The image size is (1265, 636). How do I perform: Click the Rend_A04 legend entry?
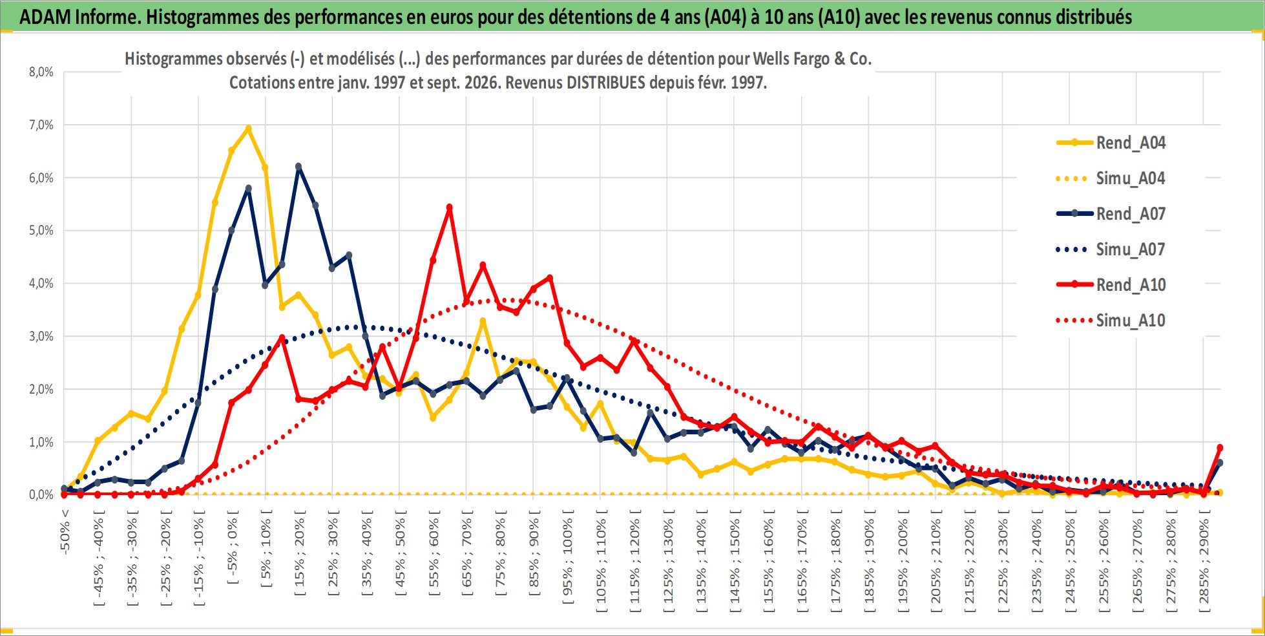click(1111, 143)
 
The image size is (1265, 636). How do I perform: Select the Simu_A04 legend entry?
click(1111, 178)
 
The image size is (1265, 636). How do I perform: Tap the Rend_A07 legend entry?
click(1111, 214)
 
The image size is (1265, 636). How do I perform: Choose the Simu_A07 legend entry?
click(1111, 249)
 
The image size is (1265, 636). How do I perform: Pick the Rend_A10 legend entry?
click(1111, 285)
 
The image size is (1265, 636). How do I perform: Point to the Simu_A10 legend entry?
click(1111, 321)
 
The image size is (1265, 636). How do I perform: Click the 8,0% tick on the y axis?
click(41, 72)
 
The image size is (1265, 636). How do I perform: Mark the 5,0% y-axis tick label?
click(41, 230)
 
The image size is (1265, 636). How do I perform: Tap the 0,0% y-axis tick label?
click(41, 494)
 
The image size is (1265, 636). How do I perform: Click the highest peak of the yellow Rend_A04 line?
click(248, 128)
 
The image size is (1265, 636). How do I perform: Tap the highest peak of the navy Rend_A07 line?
click(298, 166)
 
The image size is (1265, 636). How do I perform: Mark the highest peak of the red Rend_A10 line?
click(449, 207)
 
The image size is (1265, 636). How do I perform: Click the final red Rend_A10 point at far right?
click(1220, 447)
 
